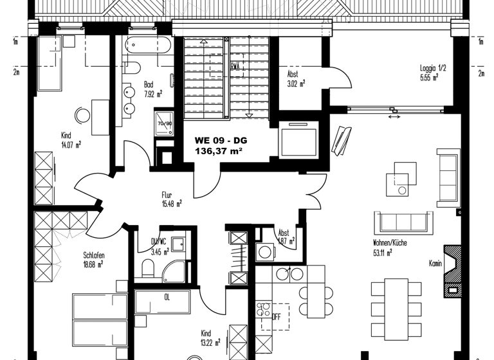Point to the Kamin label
point(435,263)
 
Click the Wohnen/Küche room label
point(390,244)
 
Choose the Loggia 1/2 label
point(429,68)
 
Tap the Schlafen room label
point(93,255)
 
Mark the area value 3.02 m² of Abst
point(296,83)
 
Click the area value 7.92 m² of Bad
point(152,94)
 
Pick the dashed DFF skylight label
point(276,316)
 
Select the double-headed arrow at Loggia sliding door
point(394,117)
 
